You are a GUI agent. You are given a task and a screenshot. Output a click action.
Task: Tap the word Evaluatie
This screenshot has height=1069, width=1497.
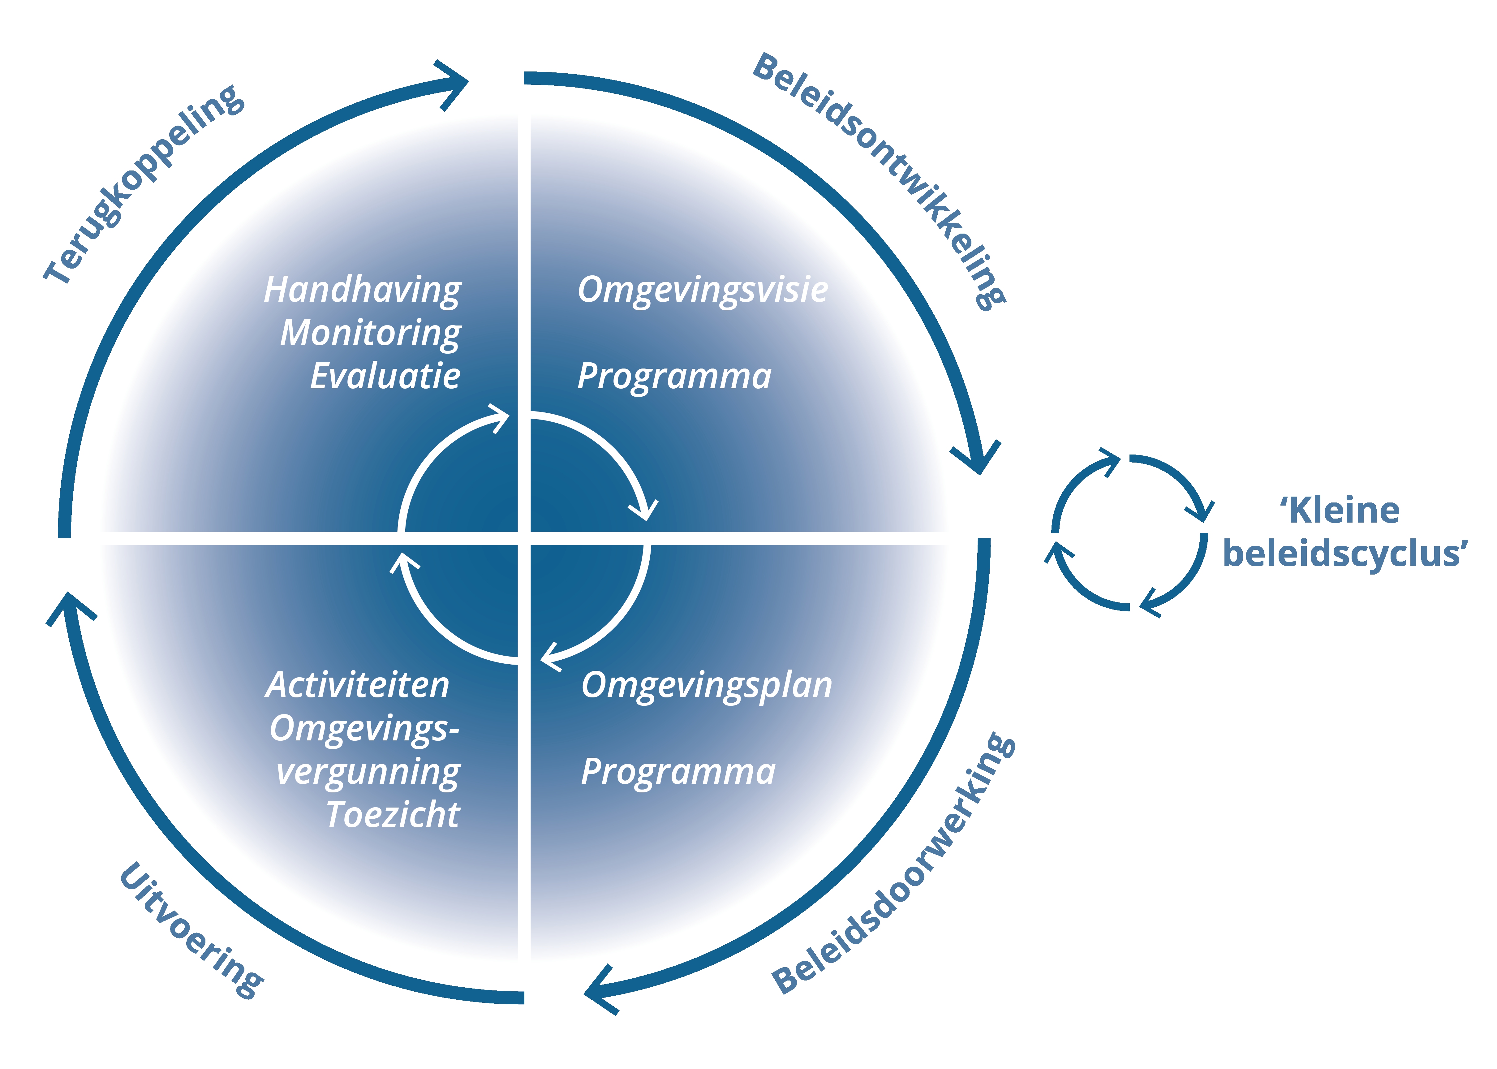point(385,377)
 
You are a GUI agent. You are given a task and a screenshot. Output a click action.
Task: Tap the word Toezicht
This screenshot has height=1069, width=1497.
point(393,815)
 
